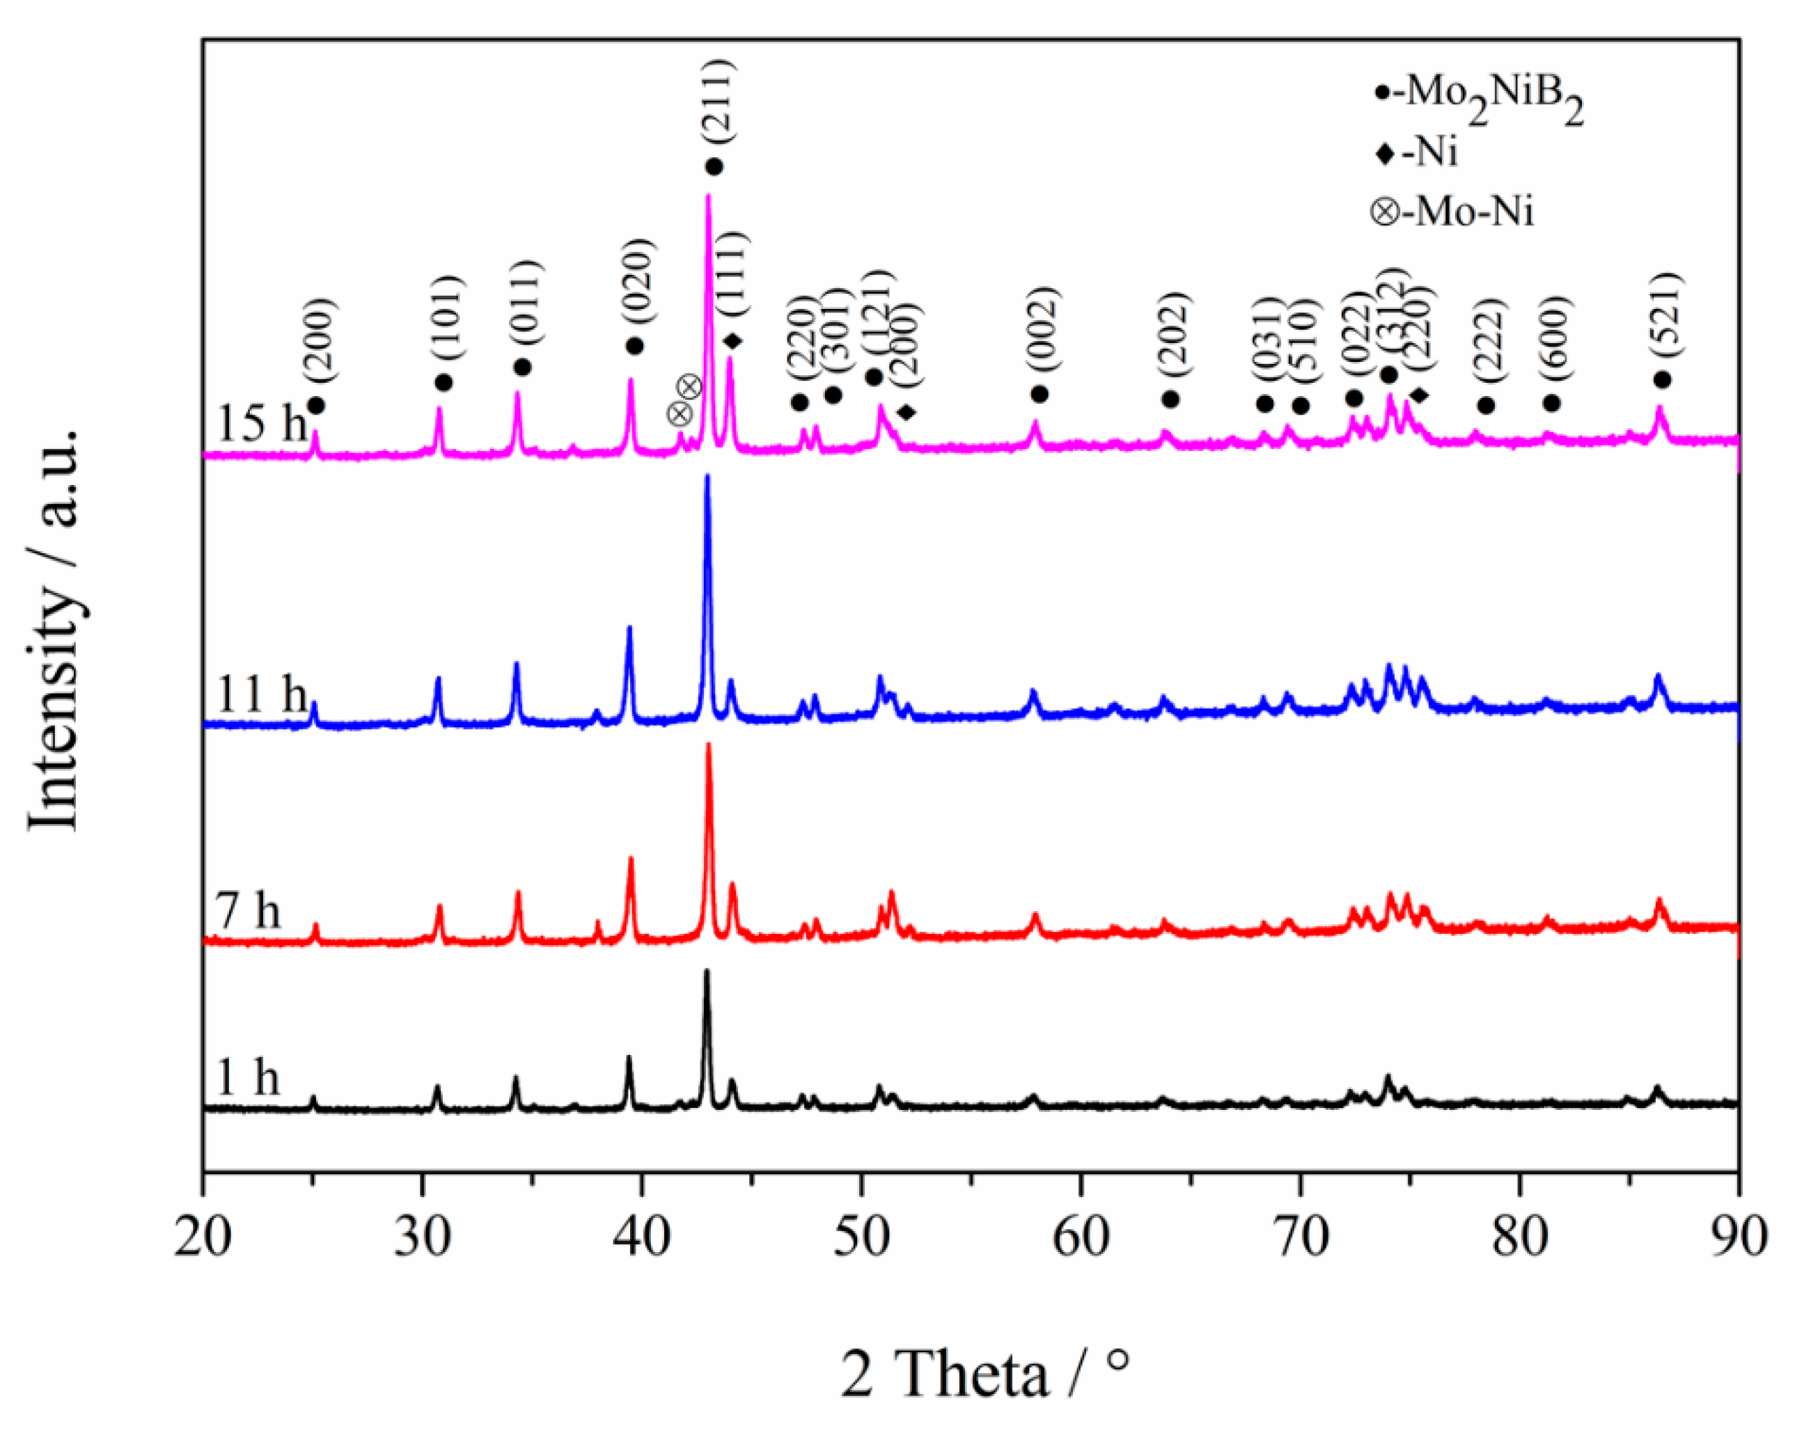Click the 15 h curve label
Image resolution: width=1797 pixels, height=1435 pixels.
point(261,423)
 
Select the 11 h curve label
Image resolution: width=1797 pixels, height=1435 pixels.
point(261,693)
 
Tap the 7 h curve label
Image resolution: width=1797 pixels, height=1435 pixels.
point(248,910)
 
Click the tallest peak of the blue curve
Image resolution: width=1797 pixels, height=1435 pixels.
point(707,477)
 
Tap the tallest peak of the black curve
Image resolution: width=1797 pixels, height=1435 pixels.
point(707,972)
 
